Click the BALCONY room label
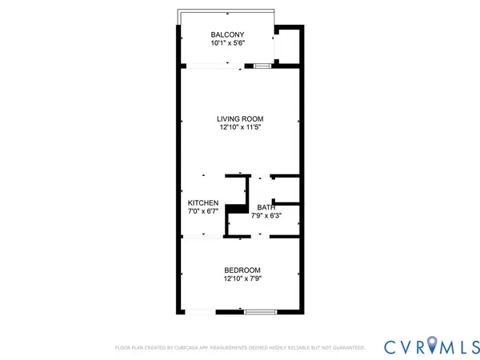(x=227, y=34)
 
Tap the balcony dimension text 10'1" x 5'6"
(x=227, y=44)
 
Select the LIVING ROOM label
(x=240, y=118)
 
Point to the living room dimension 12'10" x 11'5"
(x=240, y=127)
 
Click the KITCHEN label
(x=203, y=203)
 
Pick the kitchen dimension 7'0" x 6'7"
(x=203, y=212)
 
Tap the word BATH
(x=266, y=207)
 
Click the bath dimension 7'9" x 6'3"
(x=266, y=216)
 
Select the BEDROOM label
(x=242, y=270)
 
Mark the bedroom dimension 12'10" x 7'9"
(x=242, y=279)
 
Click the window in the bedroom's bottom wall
(x=258, y=312)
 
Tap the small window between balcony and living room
(x=261, y=67)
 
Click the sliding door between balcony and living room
(x=211, y=68)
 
